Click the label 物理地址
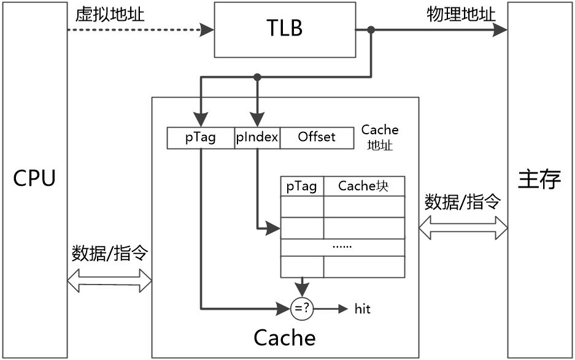tap(461, 15)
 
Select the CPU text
tap(34, 178)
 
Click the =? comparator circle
tap(302, 309)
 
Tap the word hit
tap(363, 309)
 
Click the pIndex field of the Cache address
tap(257, 137)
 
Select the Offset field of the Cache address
tap(317, 137)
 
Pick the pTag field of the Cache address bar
tap(201, 137)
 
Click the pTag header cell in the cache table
tap(302, 186)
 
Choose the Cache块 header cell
tap(364, 186)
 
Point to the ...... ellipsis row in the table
tap(342, 247)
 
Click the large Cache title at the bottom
tap(285, 337)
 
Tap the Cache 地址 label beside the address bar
tap(380, 138)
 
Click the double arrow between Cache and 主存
tap(463, 228)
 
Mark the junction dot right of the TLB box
tap(371, 29)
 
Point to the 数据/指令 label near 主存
tap(463, 202)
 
